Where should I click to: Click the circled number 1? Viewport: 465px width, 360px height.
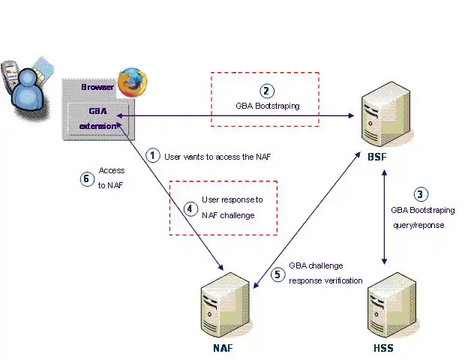153,155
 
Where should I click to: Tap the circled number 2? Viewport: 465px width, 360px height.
267,91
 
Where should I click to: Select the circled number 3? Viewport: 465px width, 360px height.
420,193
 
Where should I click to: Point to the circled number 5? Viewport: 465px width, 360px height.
277,274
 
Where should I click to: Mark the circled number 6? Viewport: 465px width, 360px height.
86,178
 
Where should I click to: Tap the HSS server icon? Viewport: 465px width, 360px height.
382,308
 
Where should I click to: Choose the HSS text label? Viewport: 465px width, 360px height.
382,348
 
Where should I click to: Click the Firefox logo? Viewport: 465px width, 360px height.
132,82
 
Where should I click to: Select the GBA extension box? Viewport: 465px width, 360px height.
98,118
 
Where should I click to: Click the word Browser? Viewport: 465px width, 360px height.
97,87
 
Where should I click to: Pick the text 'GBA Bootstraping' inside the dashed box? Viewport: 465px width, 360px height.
267,106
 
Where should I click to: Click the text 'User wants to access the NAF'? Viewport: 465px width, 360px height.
217,156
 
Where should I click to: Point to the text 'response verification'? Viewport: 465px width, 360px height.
325,280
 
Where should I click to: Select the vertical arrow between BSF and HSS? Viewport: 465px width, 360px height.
385,217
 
